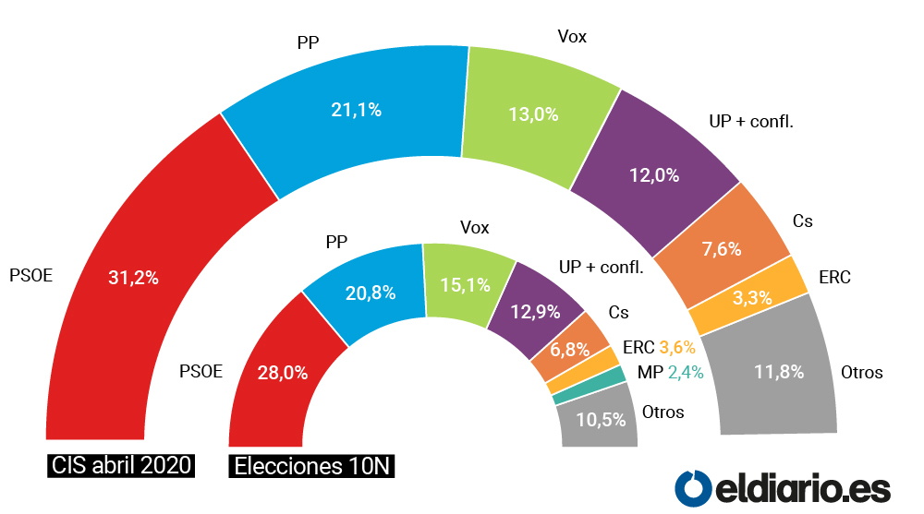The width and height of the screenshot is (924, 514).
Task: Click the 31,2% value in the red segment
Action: click(133, 277)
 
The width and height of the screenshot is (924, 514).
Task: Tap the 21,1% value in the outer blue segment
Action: click(356, 110)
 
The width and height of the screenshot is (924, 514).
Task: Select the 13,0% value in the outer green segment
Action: click(533, 114)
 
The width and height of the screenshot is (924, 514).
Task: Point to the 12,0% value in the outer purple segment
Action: click(654, 175)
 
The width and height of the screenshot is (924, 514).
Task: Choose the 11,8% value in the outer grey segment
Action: click(778, 373)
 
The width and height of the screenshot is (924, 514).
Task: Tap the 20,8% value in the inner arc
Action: click(370, 293)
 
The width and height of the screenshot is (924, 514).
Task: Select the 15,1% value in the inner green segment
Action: click(465, 285)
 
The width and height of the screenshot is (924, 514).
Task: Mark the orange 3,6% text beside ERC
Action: click(677, 347)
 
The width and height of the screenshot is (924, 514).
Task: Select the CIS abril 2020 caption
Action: click(121, 464)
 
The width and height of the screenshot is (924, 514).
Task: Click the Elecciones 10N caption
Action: click(312, 466)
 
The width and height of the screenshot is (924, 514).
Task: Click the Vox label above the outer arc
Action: click(572, 37)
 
